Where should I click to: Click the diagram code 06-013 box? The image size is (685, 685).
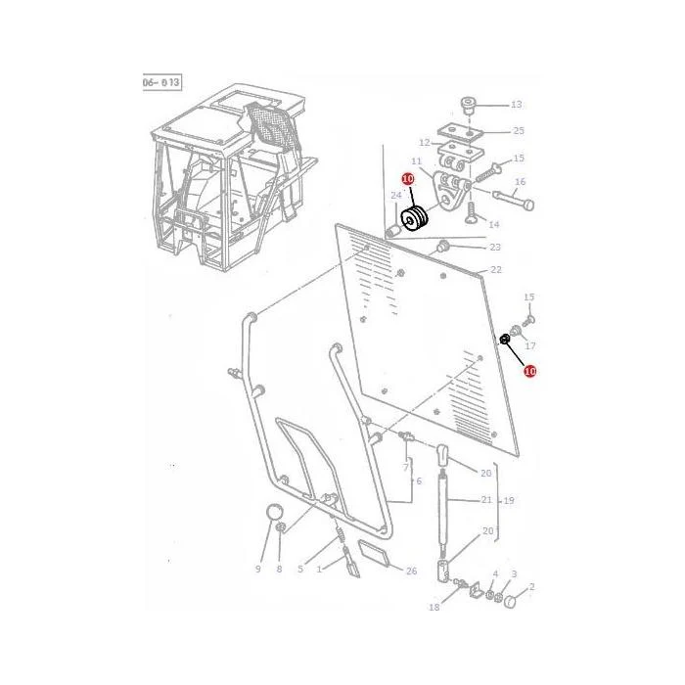click(x=162, y=82)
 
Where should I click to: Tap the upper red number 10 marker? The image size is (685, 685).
click(x=408, y=179)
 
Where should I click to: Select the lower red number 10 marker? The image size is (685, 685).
click(x=530, y=371)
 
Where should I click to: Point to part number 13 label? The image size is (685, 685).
click(x=517, y=105)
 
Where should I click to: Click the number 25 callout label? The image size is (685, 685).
click(x=519, y=130)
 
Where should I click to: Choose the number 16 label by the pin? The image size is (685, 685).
click(x=520, y=182)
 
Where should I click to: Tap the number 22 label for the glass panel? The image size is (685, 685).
click(x=496, y=269)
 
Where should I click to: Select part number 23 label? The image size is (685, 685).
click(x=495, y=248)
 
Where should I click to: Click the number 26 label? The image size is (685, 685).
click(x=412, y=571)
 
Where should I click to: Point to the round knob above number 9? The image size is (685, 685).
click(x=274, y=512)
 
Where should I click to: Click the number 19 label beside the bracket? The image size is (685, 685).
click(x=509, y=501)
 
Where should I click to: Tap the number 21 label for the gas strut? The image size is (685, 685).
click(x=486, y=499)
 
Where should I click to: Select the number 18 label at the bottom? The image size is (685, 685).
click(x=434, y=607)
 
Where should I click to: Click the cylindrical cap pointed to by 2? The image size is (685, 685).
click(x=511, y=602)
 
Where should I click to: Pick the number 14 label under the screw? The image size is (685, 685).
click(x=493, y=224)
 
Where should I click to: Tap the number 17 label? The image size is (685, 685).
click(x=530, y=346)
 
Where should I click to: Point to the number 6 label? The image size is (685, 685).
click(x=419, y=481)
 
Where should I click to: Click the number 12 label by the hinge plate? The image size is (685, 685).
click(x=424, y=143)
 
